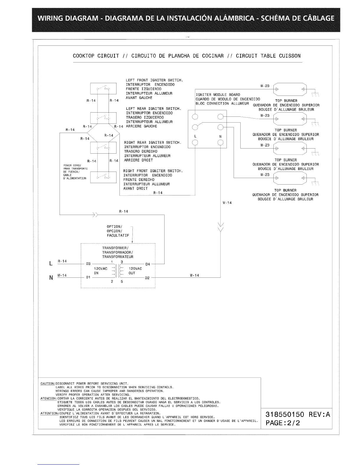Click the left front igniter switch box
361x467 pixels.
(x=99, y=88)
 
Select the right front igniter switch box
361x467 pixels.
(x=99, y=177)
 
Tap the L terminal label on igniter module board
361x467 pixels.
(x=195, y=137)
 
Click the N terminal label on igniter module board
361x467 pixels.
(x=220, y=137)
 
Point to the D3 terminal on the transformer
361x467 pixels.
(x=88, y=264)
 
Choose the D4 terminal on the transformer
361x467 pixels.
(x=148, y=264)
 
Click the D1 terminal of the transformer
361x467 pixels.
(x=88, y=277)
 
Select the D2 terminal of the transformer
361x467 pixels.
(x=147, y=278)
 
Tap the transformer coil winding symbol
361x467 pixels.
(x=117, y=271)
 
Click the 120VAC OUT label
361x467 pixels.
(x=135, y=271)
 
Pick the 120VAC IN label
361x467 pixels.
(x=100, y=271)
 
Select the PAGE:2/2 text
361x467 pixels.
(x=283, y=423)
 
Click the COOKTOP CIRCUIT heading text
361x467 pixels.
(x=96, y=56)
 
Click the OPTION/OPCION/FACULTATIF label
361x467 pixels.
(x=118, y=231)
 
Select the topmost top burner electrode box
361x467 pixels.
(x=290, y=89)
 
